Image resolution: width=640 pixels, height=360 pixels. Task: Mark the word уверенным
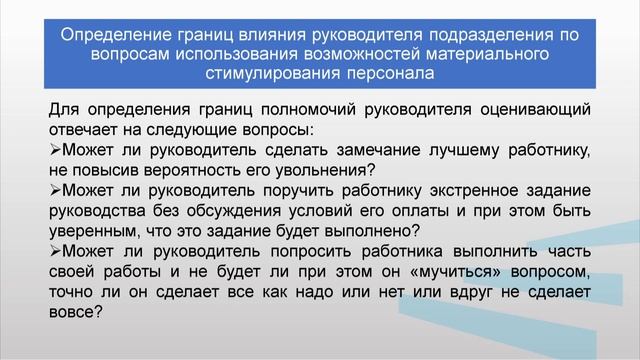95,230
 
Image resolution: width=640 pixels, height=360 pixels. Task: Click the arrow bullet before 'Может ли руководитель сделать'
54,150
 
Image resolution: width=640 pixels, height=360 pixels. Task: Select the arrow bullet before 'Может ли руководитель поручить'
54,190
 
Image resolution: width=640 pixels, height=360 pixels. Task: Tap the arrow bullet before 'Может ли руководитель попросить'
54,250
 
